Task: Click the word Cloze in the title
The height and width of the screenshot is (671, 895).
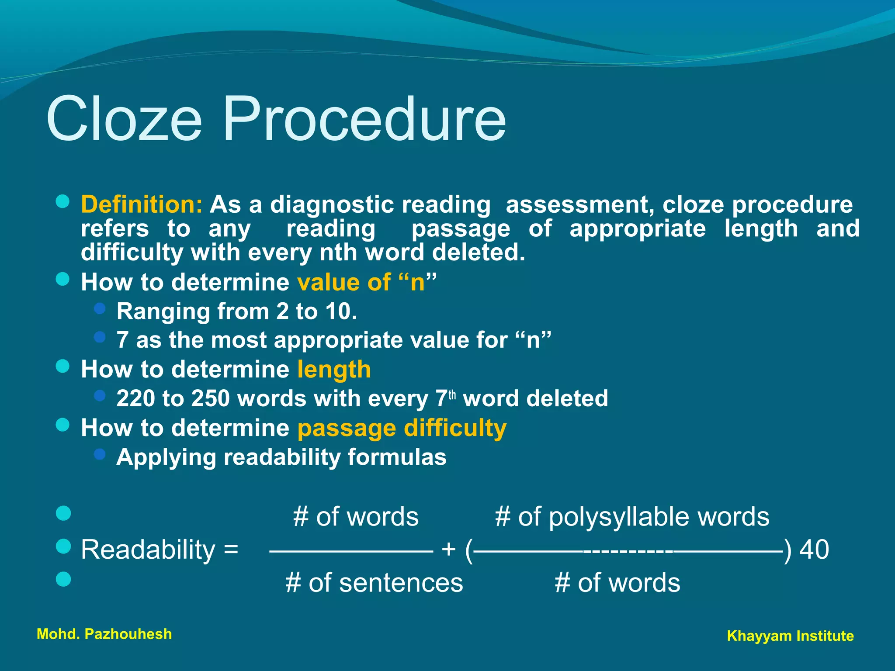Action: click(x=124, y=119)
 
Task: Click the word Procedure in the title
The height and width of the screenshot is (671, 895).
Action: click(x=364, y=119)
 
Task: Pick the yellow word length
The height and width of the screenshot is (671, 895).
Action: click(x=334, y=370)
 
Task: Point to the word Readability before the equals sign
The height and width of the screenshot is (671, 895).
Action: click(x=148, y=550)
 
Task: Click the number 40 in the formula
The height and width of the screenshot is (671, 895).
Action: click(x=814, y=550)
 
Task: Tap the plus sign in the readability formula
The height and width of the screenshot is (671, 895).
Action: click(x=449, y=550)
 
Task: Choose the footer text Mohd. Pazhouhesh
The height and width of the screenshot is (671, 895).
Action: click(x=104, y=634)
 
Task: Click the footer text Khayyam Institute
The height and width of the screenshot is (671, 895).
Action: click(x=790, y=636)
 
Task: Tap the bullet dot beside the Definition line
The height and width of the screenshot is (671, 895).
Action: click(x=63, y=201)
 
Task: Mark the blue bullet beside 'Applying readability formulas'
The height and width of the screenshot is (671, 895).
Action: click(x=100, y=454)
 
